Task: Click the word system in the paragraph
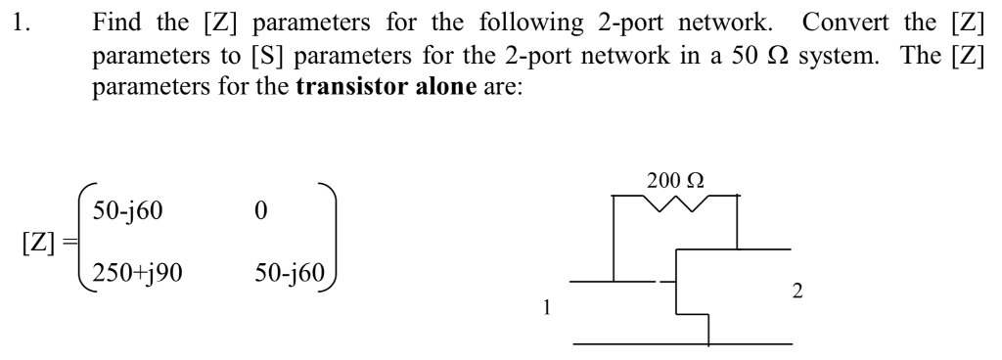point(740,45)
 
